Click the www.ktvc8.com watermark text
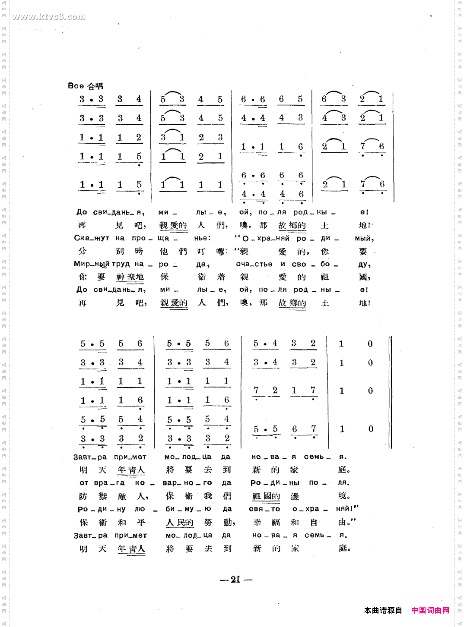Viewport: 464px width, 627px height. coord(49,17)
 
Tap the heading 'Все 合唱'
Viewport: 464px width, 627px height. coord(86,86)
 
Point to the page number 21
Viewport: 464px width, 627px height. coord(235,580)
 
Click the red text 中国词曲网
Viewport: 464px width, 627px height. coord(430,610)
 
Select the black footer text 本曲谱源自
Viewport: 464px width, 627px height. coord(383,610)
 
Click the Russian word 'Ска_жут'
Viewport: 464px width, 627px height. coord(91,238)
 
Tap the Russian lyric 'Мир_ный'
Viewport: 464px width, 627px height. coord(91,264)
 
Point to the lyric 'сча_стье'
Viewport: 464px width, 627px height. coord(254,264)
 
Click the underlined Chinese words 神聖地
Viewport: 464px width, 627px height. coord(130,277)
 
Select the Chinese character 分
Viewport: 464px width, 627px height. coord(82,251)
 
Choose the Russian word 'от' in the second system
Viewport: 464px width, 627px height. coord(83,483)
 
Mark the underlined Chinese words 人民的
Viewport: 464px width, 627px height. coord(180,523)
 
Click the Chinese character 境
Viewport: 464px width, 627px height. coord(343,496)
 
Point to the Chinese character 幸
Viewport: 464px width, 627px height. coord(257,523)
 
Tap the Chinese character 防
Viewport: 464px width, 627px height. coord(83,496)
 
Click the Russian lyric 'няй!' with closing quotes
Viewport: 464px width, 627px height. coord(347,509)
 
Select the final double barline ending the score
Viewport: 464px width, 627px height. coord(390,392)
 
